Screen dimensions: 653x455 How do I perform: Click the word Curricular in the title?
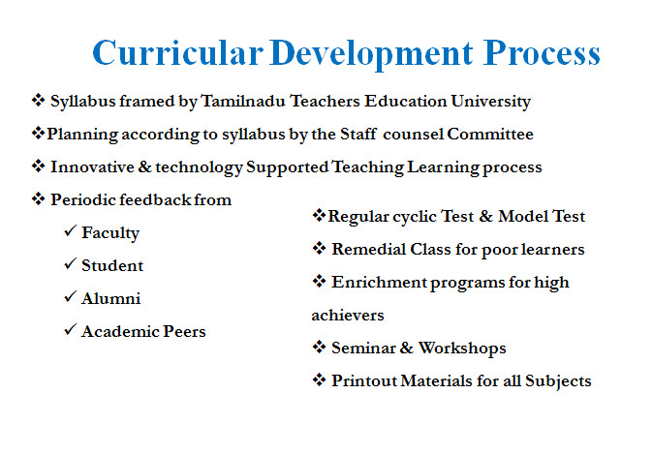178,53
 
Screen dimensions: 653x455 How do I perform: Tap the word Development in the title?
371,54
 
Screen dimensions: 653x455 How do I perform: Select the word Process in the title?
542,53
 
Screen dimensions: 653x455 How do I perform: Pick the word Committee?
490,134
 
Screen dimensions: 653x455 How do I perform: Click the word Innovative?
92,167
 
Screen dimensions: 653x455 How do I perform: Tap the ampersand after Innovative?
145,167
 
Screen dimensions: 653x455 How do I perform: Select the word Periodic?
83,199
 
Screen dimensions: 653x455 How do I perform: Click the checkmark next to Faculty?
70,230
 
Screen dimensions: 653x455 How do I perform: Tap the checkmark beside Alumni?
70,296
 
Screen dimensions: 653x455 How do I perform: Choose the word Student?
112,265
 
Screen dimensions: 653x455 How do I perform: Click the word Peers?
184,331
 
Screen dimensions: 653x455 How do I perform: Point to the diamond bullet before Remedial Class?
319,248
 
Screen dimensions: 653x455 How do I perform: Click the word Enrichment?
379,283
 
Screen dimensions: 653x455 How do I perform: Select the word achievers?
348,316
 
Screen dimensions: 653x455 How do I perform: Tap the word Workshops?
462,349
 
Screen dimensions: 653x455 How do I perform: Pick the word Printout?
364,380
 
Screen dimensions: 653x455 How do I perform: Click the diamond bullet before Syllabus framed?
39,101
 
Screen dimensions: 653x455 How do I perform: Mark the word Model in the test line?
523,217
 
